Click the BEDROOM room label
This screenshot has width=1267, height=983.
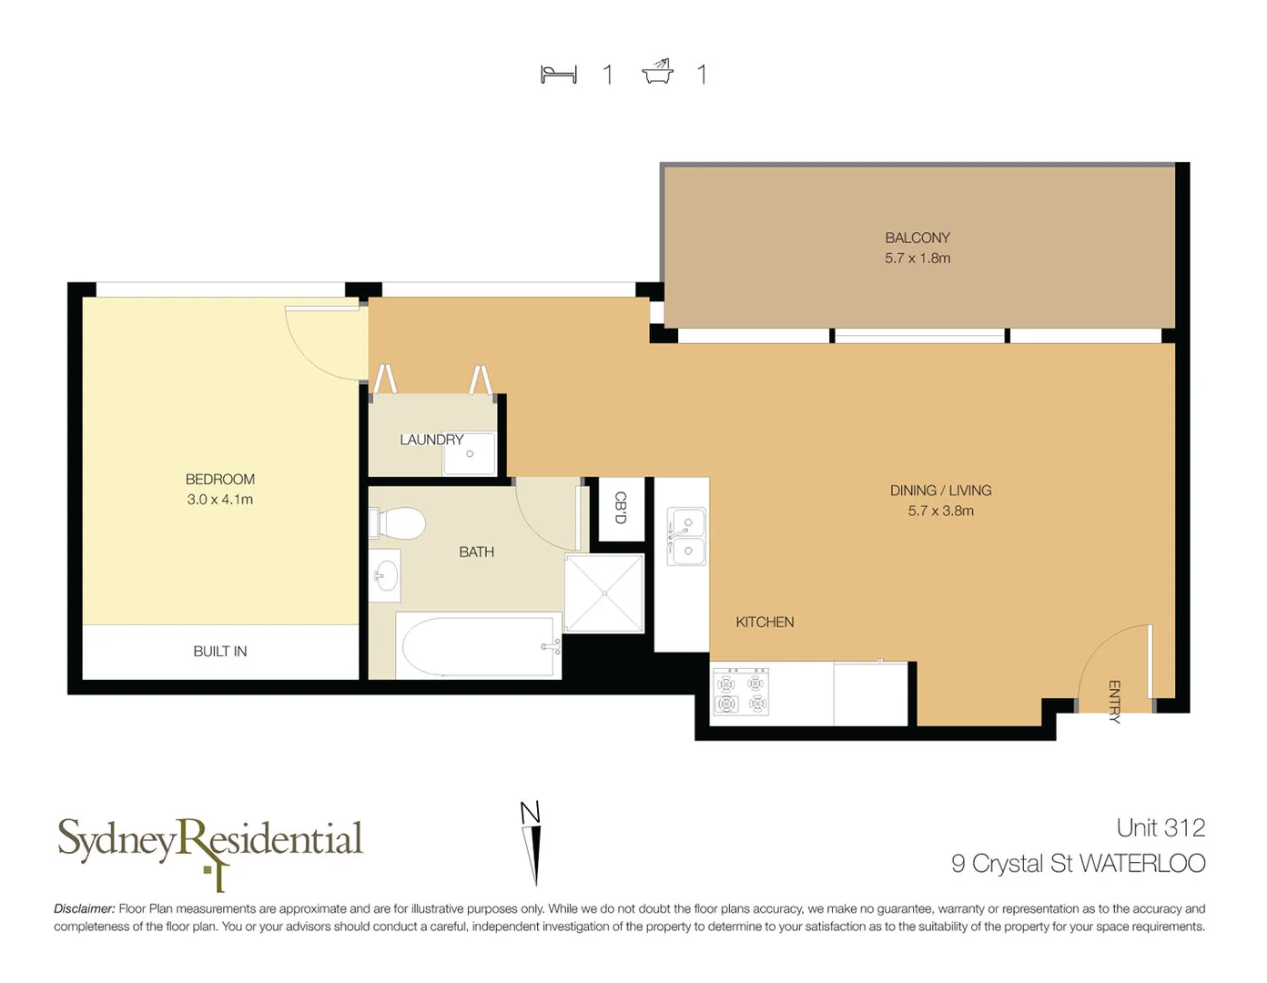point(219,479)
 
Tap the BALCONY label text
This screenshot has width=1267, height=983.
point(917,238)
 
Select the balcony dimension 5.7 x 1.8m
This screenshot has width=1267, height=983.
point(917,258)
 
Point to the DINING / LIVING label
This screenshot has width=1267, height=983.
point(940,491)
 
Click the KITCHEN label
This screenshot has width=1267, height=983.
point(765,622)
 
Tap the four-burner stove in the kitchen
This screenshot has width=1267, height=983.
point(740,692)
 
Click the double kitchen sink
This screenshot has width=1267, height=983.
point(687,537)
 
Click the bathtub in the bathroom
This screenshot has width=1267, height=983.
point(479,646)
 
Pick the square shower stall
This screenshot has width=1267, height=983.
point(604,593)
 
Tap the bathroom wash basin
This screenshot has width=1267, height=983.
point(386,575)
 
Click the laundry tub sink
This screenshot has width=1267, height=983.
point(470,453)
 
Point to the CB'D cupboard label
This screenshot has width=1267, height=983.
point(621,508)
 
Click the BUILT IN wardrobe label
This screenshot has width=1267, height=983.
point(219,652)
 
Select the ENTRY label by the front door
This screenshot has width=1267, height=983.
point(1114,701)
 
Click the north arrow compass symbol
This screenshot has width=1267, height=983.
point(532,842)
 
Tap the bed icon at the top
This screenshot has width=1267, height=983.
point(559,75)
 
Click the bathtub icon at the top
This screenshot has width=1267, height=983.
point(657,72)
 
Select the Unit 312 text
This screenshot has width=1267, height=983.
point(1161,827)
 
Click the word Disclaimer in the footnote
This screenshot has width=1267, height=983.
point(84,908)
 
